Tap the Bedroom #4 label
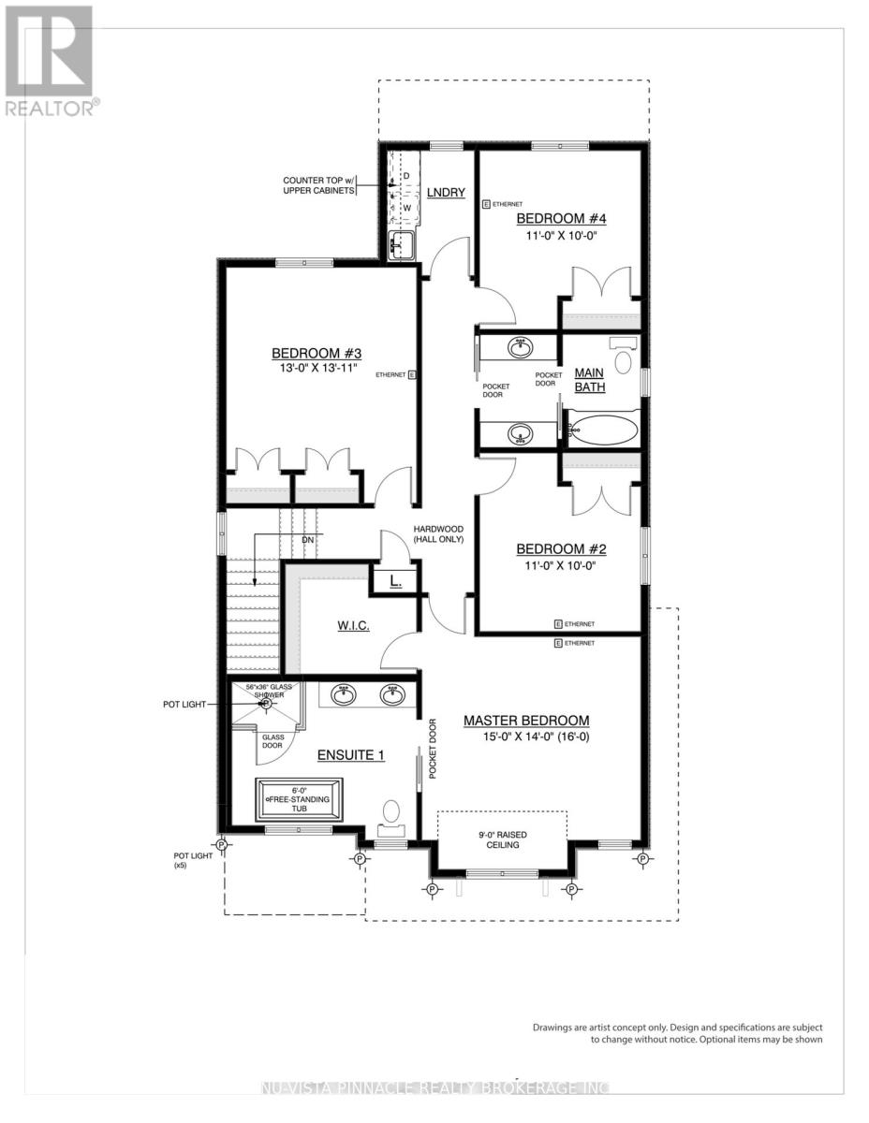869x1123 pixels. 561,219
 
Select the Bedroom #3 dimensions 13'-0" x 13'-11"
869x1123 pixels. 317,369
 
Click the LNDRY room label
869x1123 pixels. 446,192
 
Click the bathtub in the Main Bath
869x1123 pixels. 604,431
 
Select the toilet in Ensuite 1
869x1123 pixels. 392,814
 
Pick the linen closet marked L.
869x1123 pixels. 395,581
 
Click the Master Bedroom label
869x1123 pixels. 526,721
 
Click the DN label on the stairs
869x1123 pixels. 307,541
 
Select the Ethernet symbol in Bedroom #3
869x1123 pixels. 410,374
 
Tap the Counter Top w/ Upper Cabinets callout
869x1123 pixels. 319,185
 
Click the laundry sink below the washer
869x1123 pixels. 402,247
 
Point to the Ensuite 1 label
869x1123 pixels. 351,754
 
